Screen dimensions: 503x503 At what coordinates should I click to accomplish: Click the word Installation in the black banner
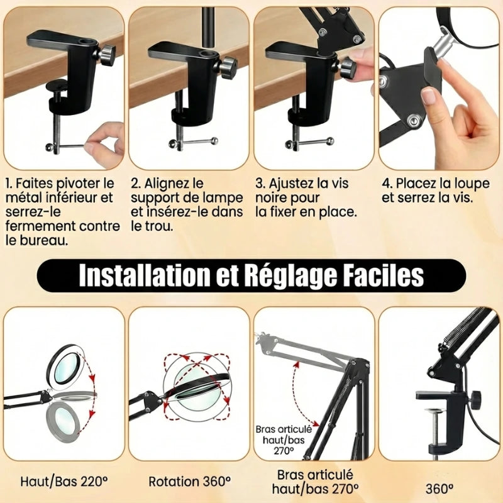(x=144, y=275)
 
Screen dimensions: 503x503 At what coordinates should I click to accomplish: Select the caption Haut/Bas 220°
(x=64, y=481)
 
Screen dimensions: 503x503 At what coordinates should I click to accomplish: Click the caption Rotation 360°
(x=190, y=481)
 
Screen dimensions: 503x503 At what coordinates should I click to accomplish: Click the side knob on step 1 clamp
(x=107, y=55)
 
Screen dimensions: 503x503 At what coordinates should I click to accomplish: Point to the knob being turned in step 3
(x=348, y=67)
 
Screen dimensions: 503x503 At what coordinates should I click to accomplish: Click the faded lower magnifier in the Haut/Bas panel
(x=63, y=421)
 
